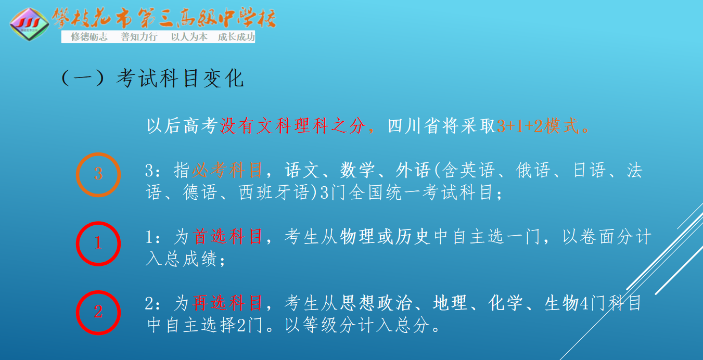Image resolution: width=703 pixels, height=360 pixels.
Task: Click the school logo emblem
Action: click(x=29, y=24)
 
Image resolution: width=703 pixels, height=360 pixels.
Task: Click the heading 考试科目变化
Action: click(x=180, y=78)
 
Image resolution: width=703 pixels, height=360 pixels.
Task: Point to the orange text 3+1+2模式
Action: click(x=538, y=126)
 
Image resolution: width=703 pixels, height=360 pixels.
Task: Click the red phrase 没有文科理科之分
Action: click(x=293, y=126)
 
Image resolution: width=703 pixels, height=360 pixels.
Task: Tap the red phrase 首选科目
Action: click(x=227, y=236)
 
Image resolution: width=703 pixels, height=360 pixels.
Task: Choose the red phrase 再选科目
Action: click(x=227, y=303)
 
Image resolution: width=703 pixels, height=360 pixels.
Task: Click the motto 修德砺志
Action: click(x=89, y=37)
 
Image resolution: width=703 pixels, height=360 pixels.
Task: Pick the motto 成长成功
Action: click(x=236, y=37)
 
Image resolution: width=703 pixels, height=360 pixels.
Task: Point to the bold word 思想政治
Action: click(x=376, y=303)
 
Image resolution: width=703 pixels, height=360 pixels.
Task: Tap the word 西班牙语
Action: click(x=274, y=192)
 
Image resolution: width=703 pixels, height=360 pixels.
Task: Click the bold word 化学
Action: click(x=505, y=303)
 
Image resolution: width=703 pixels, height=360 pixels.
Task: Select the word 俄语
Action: click(x=533, y=171)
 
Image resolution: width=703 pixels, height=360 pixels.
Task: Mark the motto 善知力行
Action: click(x=139, y=37)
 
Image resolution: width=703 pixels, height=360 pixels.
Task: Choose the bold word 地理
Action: click(x=450, y=303)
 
